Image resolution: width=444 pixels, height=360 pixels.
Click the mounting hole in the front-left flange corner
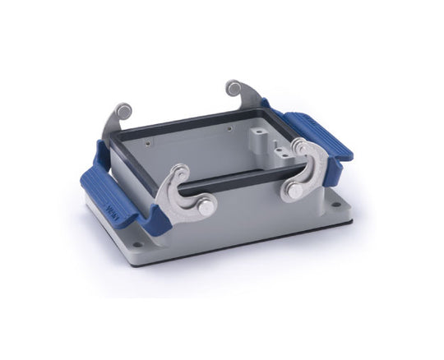[x=136, y=244]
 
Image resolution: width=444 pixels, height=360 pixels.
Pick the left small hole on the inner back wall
[x=169, y=142]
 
